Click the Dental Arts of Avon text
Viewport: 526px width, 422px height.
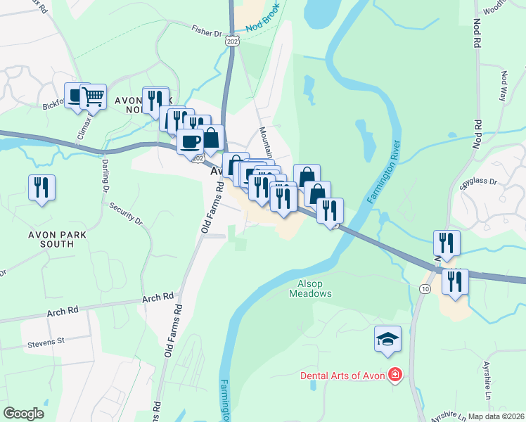point(342,375)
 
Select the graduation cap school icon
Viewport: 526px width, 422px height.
point(387,340)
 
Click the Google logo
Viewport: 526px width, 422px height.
point(24,413)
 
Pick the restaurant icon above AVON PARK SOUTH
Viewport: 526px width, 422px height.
point(41,187)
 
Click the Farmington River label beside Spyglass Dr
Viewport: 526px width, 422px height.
point(384,173)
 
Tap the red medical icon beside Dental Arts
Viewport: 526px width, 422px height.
point(396,375)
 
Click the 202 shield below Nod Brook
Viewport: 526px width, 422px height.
point(233,43)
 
